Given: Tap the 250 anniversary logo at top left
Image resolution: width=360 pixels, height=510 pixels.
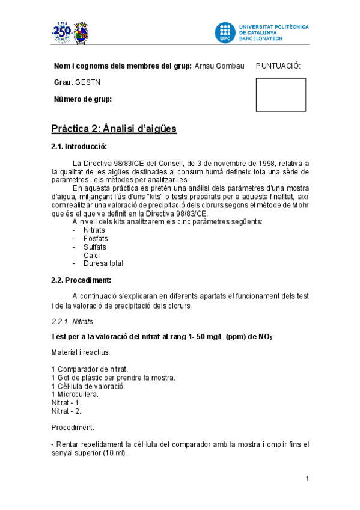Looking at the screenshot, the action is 62,34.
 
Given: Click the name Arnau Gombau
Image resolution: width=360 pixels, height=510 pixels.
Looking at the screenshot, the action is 219,66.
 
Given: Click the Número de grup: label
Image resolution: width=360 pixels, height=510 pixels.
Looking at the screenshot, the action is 83,99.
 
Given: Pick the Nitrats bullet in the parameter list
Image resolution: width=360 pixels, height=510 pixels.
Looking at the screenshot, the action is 95,230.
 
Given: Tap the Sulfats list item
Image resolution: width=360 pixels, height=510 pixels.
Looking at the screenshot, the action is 95,247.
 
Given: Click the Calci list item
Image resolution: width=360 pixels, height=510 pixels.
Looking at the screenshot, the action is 92,256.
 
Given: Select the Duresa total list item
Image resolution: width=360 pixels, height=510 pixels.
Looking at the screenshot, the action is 104,263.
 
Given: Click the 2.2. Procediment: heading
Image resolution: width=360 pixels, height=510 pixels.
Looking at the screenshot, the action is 81,280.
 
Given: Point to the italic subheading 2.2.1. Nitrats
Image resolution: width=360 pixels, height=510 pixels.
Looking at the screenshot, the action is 72,322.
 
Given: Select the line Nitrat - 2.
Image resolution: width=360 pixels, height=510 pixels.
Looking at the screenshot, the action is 67,411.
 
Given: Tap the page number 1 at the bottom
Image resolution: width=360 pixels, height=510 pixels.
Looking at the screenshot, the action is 307,479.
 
